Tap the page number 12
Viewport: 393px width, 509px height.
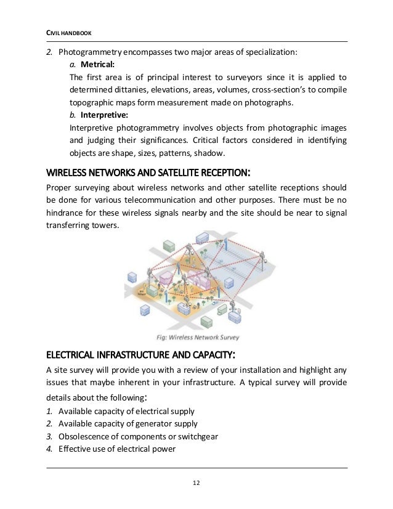(197, 483)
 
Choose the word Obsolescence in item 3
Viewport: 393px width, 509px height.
(83, 436)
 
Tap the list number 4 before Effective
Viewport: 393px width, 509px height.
(49, 449)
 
